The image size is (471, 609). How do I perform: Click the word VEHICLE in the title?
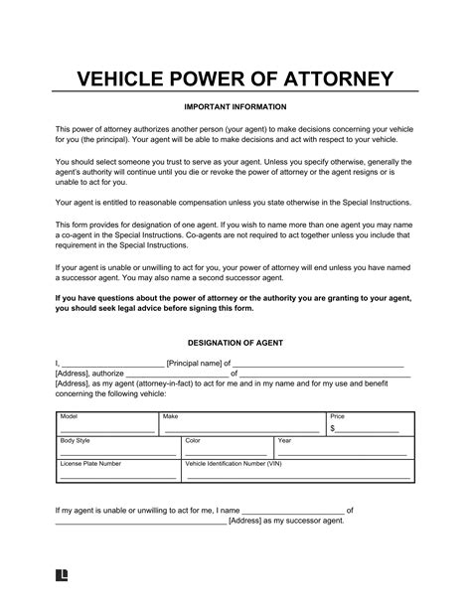point(123,77)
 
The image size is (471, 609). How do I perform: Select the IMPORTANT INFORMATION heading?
point(235,106)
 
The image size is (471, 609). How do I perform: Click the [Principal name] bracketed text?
point(196,364)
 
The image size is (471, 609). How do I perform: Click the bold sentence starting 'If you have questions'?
point(235,302)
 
